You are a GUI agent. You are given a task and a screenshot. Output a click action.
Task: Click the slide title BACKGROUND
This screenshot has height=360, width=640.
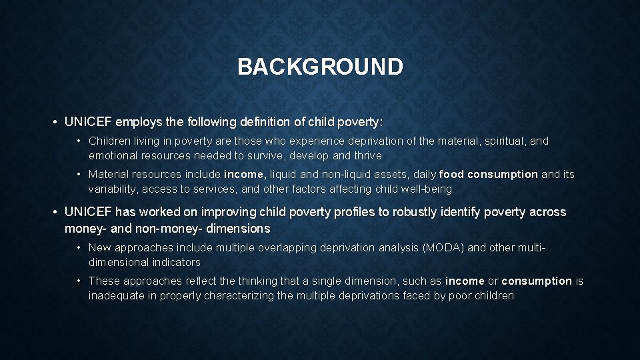pyautogui.click(x=320, y=67)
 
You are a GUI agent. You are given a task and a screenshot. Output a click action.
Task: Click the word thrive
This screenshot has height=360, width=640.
pyautogui.click(x=367, y=155)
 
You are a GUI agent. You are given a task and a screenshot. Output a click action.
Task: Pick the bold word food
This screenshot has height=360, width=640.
pyautogui.click(x=452, y=175)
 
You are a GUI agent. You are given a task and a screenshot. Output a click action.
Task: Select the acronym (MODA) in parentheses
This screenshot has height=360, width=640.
pyautogui.click(x=443, y=247)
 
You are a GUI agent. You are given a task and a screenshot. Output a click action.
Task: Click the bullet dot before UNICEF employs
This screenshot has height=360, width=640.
pyautogui.click(x=53, y=122)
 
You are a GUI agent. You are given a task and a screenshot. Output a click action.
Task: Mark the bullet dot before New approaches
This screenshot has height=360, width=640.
pyautogui.click(x=79, y=247)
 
